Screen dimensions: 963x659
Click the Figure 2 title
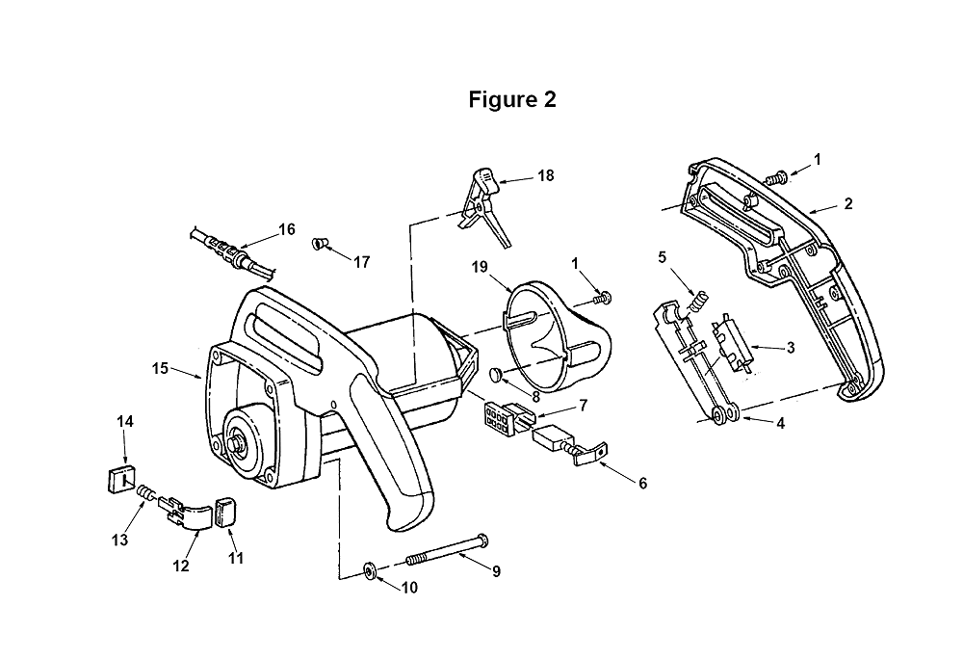[x=512, y=99]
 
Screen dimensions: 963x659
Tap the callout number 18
[x=545, y=175]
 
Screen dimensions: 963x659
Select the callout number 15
[x=160, y=368]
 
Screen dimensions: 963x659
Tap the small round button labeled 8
[x=496, y=374]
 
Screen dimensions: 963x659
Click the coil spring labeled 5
[x=699, y=301]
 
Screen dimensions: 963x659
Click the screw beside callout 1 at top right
[x=775, y=178]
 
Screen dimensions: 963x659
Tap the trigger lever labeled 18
[x=484, y=206]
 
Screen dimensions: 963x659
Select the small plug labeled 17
[x=318, y=243]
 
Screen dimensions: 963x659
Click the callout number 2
[x=848, y=204]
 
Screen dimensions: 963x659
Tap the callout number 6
[x=642, y=484]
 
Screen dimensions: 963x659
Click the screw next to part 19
[x=603, y=299]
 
